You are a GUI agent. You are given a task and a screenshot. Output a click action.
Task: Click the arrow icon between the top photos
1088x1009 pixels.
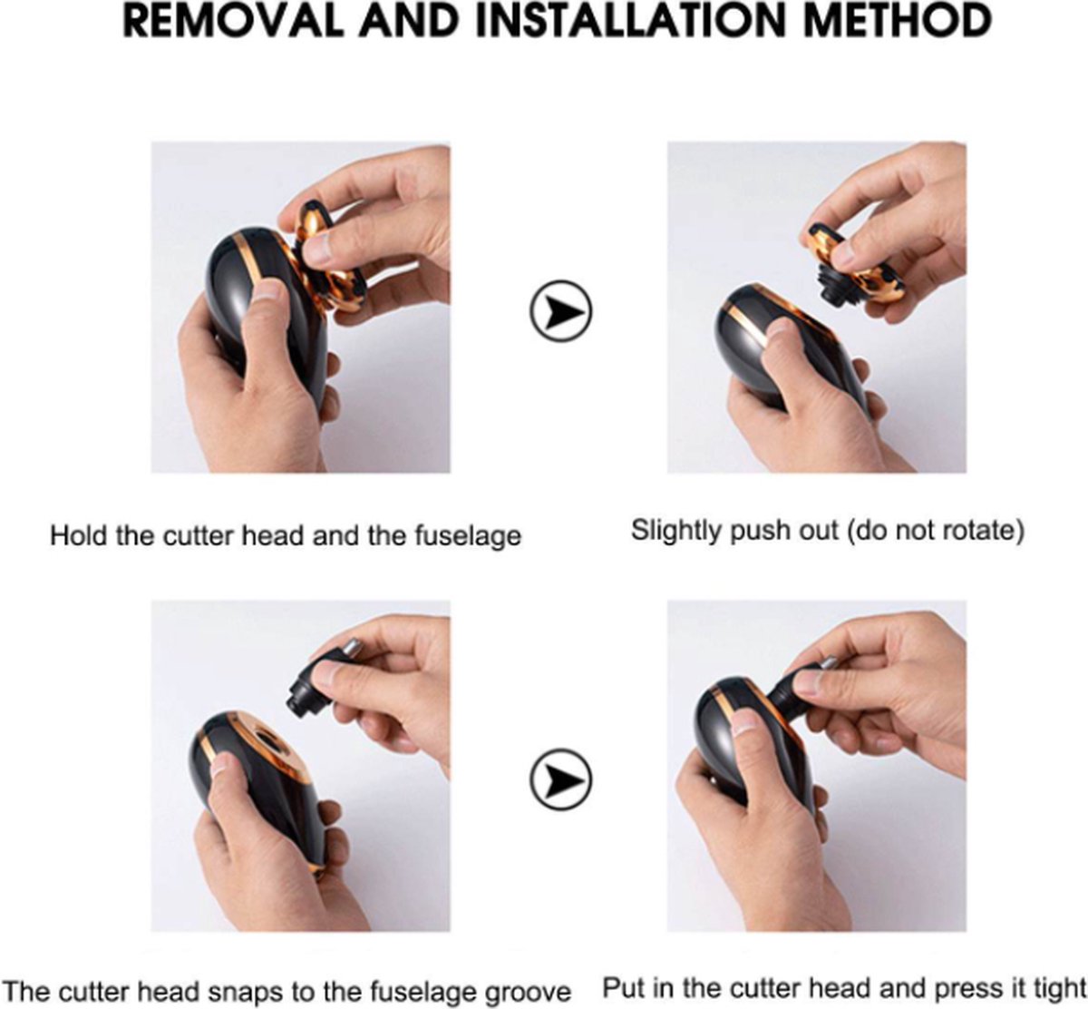coord(561,311)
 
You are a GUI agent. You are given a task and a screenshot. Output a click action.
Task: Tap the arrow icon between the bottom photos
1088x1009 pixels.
coord(561,779)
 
